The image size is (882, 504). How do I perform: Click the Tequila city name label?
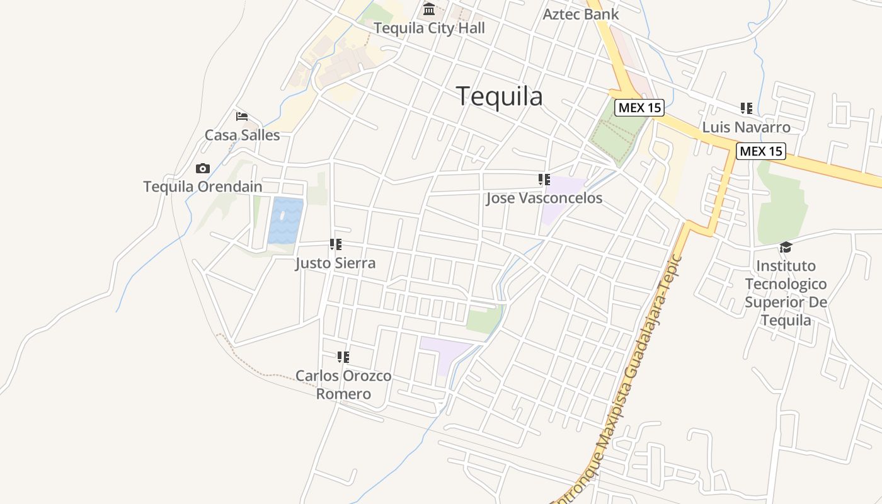pos(499,96)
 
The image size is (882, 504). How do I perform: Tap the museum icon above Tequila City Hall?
pos(429,9)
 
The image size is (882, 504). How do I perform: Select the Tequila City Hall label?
pos(429,28)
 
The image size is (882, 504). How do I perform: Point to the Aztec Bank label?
pos(581,14)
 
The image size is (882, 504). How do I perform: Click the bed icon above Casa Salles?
pos(242,117)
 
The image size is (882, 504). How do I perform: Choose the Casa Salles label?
pos(242,135)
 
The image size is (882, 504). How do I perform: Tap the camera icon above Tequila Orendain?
pos(202,168)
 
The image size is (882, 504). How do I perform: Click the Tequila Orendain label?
pos(202,186)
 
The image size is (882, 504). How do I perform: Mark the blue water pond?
pos(285,220)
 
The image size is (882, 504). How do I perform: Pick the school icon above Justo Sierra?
pos(336,244)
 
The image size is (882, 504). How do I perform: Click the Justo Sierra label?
pos(336,263)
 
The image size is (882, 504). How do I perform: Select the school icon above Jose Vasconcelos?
pos(544,180)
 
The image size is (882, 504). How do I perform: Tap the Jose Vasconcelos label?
pos(544,198)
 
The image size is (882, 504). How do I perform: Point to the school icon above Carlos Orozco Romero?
pos(343,357)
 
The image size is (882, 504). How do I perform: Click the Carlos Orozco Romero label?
pos(343,385)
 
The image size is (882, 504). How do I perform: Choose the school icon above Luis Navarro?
pos(747,108)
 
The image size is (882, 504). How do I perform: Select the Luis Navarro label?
pos(746,127)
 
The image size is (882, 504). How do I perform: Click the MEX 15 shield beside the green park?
pos(639,108)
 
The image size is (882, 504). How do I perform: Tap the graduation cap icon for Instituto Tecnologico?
pos(786,247)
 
